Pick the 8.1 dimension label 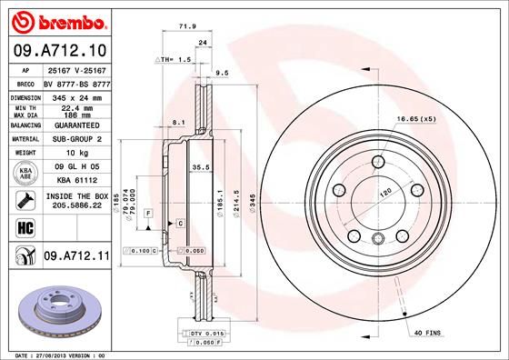tap(178, 121)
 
